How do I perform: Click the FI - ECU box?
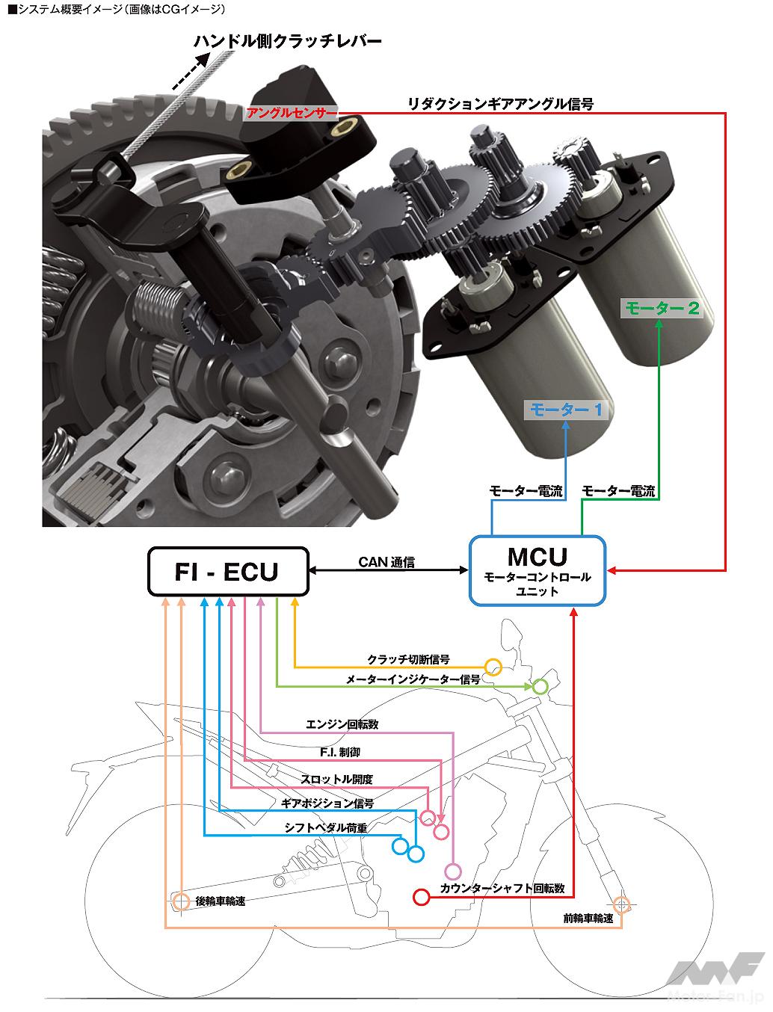[227, 572]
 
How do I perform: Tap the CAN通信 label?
[386, 562]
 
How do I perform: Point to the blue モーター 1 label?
[566, 410]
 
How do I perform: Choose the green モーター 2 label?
[662, 307]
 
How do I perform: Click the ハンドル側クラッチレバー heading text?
[288, 42]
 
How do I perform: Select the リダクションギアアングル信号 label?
[500, 104]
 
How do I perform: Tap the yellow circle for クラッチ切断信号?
[492, 667]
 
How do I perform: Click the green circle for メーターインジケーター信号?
[540, 686]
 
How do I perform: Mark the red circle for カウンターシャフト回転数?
[421, 896]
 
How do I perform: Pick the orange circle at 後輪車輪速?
[181, 901]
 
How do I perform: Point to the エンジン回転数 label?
[342, 724]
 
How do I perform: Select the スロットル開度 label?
[336, 779]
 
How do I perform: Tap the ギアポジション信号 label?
[327, 803]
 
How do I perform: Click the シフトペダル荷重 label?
[325, 828]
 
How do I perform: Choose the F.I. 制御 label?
[339, 752]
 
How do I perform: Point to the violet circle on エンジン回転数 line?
[452, 871]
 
